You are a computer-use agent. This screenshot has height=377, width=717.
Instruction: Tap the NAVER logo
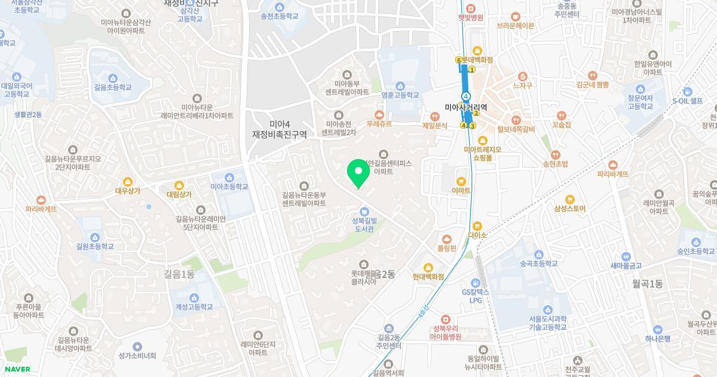click(17, 369)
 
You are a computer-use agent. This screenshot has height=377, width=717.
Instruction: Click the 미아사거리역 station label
click(466, 108)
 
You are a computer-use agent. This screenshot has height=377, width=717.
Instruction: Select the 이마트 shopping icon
click(461, 181)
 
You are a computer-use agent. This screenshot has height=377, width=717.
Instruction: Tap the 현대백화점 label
click(428, 277)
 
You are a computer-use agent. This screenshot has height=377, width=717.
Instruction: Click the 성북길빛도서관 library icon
click(364, 211)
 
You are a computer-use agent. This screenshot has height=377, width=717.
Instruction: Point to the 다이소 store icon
click(477, 226)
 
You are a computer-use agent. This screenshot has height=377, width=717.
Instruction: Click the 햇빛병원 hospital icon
click(470, 8)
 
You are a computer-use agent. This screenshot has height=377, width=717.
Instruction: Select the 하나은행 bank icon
click(658, 329)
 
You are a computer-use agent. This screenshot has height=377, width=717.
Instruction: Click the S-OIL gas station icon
click(687, 92)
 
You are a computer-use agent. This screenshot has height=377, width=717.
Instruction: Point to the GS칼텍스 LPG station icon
click(476, 283)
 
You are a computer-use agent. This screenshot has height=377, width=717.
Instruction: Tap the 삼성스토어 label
click(569, 209)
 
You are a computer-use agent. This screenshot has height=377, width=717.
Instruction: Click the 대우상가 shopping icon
click(127, 182)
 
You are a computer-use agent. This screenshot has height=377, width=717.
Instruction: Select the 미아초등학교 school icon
click(229, 177)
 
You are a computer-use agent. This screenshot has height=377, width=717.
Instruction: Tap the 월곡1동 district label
click(648, 284)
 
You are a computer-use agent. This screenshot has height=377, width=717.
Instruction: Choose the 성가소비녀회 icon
click(137, 346)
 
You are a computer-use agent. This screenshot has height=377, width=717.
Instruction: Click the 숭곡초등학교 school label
click(538, 263)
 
